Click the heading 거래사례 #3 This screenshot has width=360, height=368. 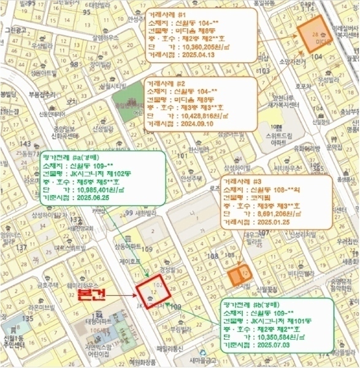[x=243, y=182]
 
